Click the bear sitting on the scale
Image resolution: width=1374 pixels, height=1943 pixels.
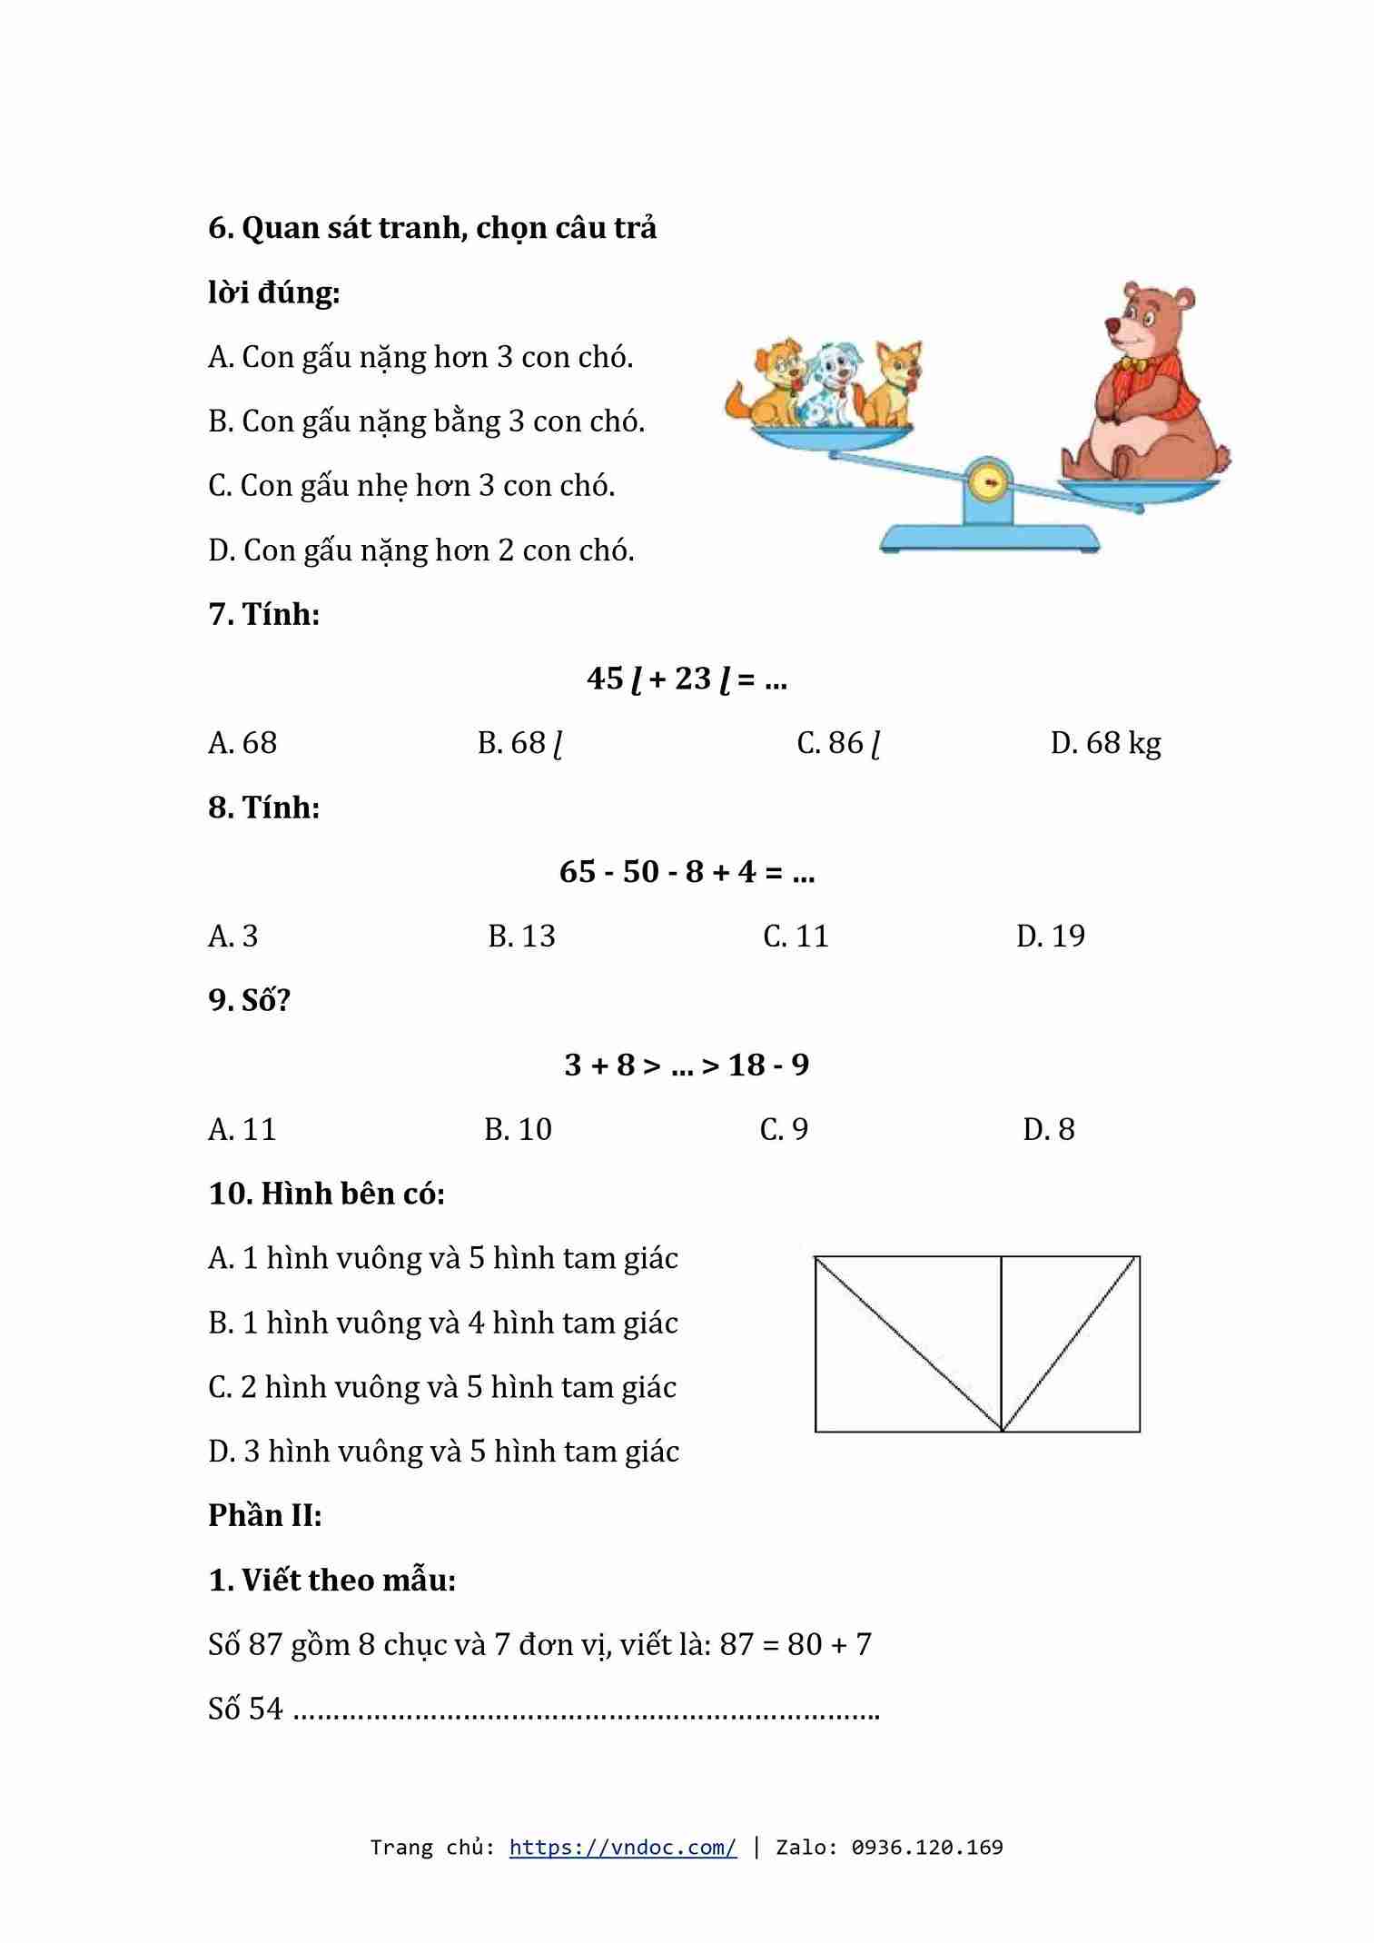(1146, 391)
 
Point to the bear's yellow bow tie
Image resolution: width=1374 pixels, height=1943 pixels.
(1132, 363)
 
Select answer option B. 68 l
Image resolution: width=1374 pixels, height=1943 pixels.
(519, 743)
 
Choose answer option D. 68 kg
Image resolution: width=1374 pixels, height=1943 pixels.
(1105, 743)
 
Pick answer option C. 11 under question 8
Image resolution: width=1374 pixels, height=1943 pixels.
(796, 936)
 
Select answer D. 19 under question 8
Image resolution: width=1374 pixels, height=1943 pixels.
(1050, 936)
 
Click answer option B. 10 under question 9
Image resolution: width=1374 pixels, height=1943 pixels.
(518, 1129)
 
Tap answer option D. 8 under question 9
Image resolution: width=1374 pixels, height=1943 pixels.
(1048, 1129)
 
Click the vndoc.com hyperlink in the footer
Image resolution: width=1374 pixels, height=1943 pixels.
(622, 1848)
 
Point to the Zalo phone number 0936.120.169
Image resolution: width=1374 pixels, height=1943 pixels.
(926, 1848)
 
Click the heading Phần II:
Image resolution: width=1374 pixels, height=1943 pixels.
(265, 1515)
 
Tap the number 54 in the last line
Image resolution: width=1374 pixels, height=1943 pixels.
(265, 1709)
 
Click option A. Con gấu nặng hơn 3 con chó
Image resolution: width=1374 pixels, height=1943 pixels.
(420, 357)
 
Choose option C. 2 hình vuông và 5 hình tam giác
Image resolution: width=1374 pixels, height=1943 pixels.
(442, 1387)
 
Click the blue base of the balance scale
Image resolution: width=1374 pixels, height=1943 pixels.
(989, 538)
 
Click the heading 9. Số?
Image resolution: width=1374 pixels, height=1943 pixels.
(249, 1000)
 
